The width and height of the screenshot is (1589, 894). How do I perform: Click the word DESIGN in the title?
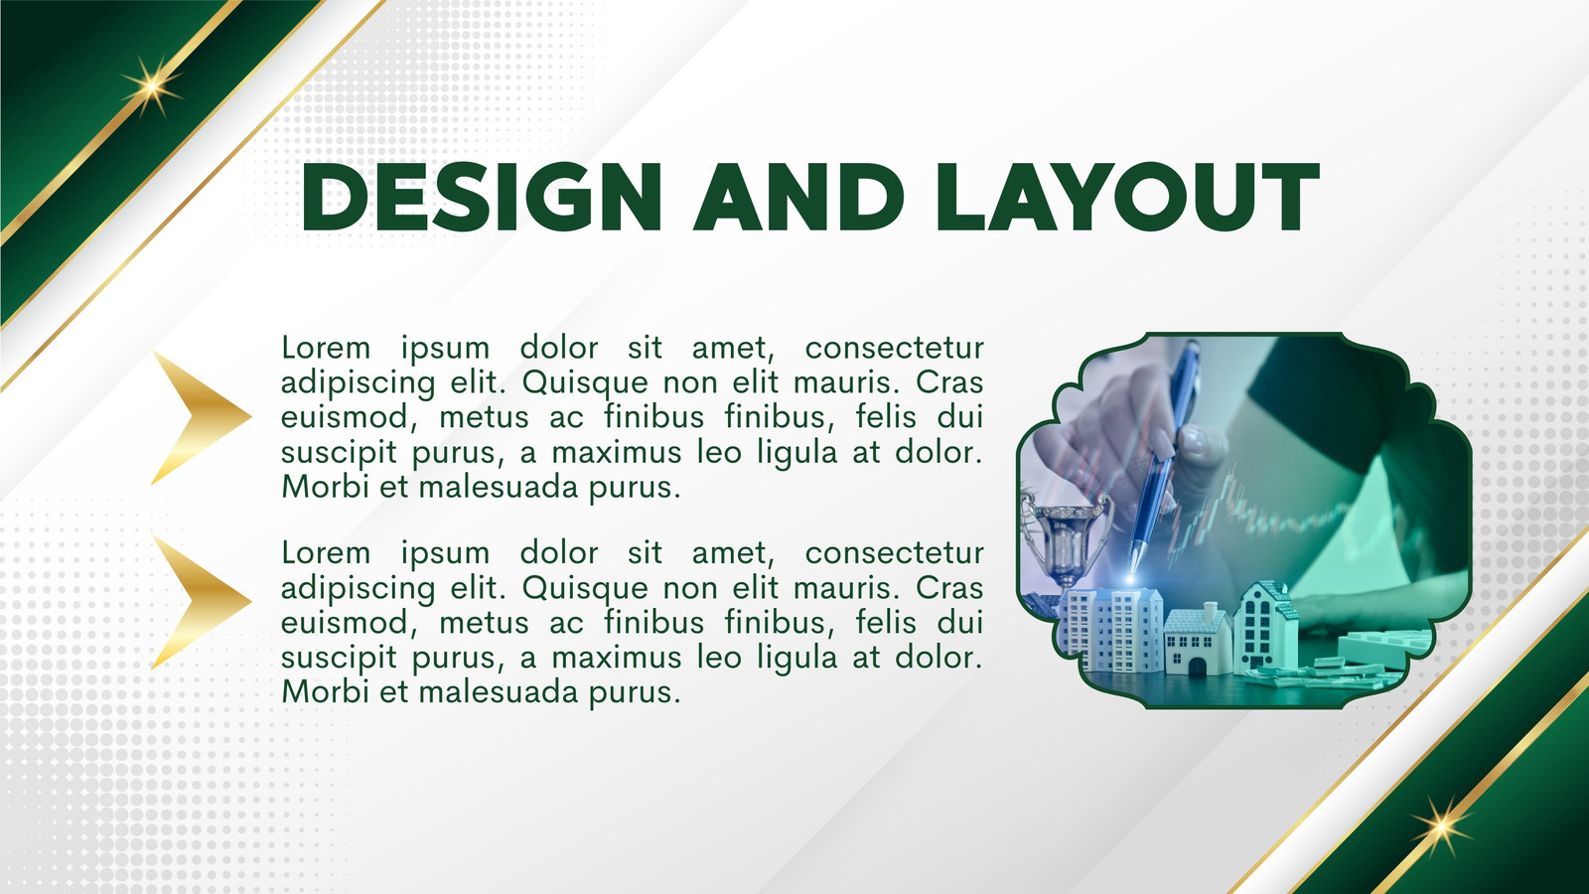click(x=482, y=198)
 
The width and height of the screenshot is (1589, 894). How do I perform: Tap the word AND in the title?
click(x=798, y=198)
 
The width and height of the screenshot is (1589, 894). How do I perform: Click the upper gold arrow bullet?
click(x=202, y=417)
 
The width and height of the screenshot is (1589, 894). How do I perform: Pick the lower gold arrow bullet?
click(x=202, y=602)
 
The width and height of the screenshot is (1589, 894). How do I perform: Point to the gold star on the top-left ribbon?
click(x=151, y=86)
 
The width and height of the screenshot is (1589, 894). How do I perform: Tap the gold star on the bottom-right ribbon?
click(x=1441, y=826)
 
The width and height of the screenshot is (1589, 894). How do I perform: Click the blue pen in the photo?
click(x=1163, y=461)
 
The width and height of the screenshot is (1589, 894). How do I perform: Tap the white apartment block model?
click(x=1111, y=629)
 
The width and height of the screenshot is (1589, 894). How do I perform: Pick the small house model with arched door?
click(x=1198, y=641)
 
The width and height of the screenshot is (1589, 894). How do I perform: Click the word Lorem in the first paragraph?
click(x=326, y=348)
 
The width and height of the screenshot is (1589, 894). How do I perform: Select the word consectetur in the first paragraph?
click(x=895, y=348)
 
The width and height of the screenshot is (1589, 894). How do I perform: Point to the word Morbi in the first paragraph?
click(x=325, y=487)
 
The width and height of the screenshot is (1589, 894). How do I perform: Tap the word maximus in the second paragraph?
click(x=617, y=657)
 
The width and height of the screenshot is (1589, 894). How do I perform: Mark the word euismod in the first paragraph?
click(x=346, y=416)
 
